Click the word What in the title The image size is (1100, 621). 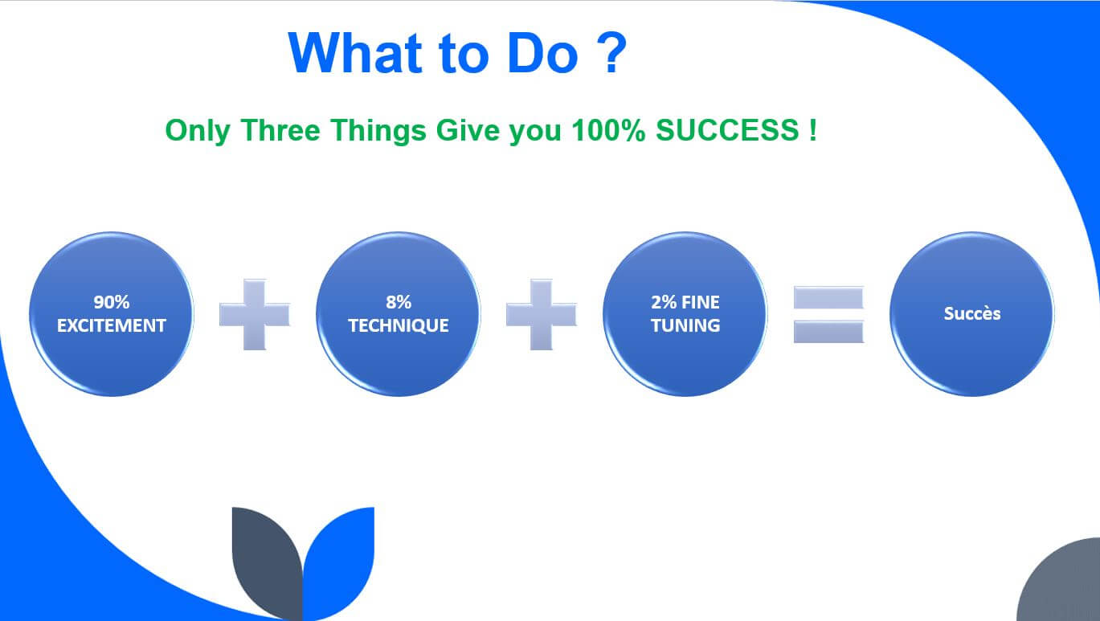pyautogui.click(x=355, y=54)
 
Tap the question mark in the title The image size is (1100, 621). pyautogui.click(x=611, y=52)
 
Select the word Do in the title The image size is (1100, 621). pyautogui.click(x=542, y=54)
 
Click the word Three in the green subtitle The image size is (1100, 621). pyautogui.click(x=280, y=130)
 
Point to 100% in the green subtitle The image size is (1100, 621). pyautogui.click(x=608, y=130)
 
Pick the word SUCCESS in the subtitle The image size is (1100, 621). pyautogui.click(x=727, y=130)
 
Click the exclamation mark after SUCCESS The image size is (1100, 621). pyautogui.click(x=813, y=130)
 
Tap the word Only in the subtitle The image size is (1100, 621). pyautogui.click(x=198, y=132)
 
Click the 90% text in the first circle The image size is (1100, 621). pyautogui.click(x=112, y=302)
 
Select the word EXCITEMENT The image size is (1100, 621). pyautogui.click(x=112, y=325)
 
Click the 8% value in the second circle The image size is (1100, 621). pyautogui.click(x=399, y=302)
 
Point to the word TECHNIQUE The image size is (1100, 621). pyautogui.click(x=399, y=325)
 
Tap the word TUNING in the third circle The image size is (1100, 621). pyautogui.click(x=685, y=325)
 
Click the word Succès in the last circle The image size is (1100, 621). pyautogui.click(x=972, y=313)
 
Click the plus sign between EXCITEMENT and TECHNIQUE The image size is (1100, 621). pyautogui.click(x=255, y=314)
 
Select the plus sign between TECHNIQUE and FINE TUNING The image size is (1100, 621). pyautogui.click(x=541, y=314)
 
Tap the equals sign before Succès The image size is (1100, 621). pyautogui.click(x=828, y=314)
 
